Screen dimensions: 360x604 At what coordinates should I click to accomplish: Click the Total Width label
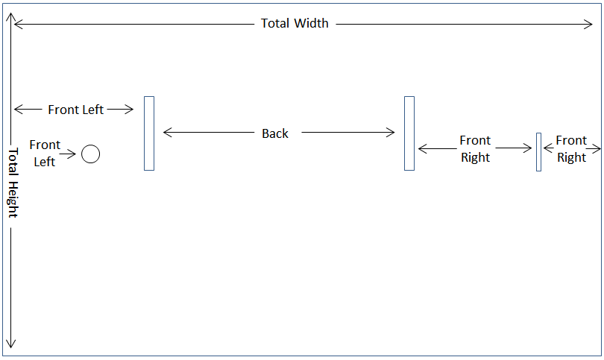pyautogui.click(x=295, y=23)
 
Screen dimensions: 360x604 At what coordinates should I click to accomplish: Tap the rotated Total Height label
pyautogui.click(x=13, y=183)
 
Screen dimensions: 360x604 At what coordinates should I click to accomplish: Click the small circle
pyautogui.click(x=91, y=154)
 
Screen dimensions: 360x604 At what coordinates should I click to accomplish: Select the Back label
pyautogui.click(x=275, y=133)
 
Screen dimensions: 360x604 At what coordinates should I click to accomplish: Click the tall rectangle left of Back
pyautogui.click(x=149, y=133)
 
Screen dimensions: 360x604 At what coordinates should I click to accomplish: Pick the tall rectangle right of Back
pyautogui.click(x=409, y=133)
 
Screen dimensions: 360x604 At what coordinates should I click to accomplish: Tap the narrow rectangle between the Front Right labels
pyautogui.click(x=538, y=152)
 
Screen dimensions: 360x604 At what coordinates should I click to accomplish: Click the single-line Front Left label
pyautogui.click(x=76, y=110)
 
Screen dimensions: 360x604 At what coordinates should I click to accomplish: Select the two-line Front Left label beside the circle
pyautogui.click(x=45, y=153)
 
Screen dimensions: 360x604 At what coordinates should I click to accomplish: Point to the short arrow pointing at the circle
pyautogui.click(x=69, y=154)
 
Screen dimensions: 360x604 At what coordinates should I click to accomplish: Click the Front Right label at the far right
pyautogui.click(x=571, y=149)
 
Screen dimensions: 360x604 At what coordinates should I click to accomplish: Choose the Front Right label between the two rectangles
pyautogui.click(x=475, y=149)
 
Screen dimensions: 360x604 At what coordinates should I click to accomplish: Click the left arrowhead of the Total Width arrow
pyautogui.click(x=17, y=24)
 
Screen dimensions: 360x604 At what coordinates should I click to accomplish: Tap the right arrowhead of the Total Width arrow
pyautogui.click(x=589, y=24)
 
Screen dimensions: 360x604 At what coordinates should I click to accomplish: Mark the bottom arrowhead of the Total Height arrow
pyautogui.click(x=12, y=344)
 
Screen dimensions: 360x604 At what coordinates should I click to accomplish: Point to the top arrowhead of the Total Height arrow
pyautogui.click(x=12, y=19)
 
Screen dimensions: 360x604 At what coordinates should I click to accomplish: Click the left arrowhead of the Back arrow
pyautogui.click(x=166, y=133)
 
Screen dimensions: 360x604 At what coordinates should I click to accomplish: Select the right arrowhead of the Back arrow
pyautogui.click(x=391, y=133)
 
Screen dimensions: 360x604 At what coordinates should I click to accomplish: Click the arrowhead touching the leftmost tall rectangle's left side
pyautogui.click(x=130, y=110)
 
